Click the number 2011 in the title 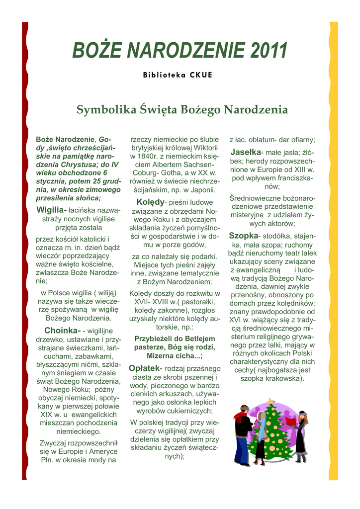pyautogui.click(x=270, y=50)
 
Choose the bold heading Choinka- pyautogui.click(x=63, y=330)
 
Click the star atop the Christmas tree pyautogui.click(x=270, y=401)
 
